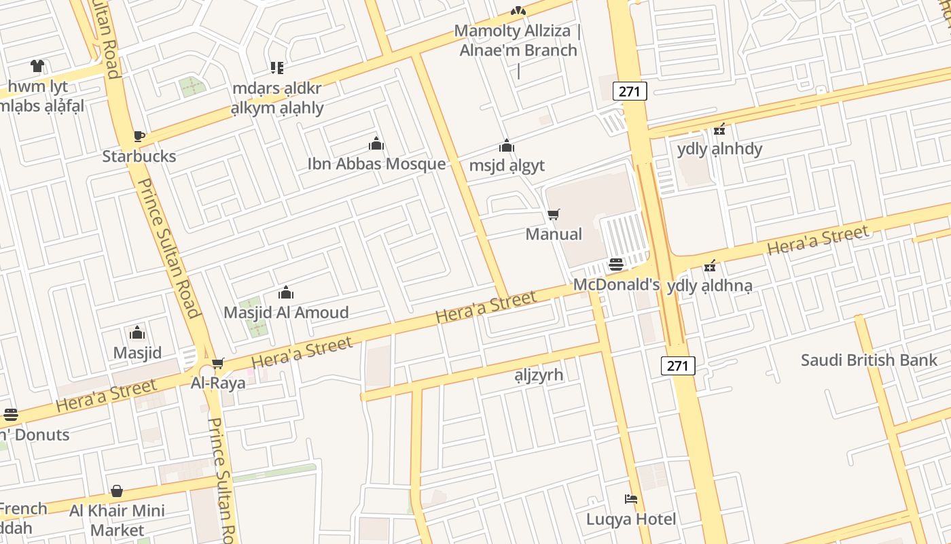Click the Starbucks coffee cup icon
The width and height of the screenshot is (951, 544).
[x=139, y=136]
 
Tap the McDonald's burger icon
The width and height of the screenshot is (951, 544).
[x=616, y=265]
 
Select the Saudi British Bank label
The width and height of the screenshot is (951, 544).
[x=869, y=360]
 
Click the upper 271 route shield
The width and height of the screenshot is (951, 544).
[x=630, y=91]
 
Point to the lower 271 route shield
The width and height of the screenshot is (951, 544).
[x=677, y=366]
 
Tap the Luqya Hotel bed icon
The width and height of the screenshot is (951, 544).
[x=631, y=499]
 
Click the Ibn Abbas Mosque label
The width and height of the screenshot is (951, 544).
[x=376, y=164]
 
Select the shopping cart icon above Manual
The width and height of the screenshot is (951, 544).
[x=554, y=215]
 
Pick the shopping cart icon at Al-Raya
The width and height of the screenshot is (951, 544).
[x=217, y=364]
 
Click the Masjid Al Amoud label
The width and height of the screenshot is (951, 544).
[x=286, y=313]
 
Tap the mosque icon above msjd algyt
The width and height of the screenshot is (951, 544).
[x=507, y=146]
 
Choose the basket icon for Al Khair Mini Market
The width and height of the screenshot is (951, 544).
[x=117, y=491]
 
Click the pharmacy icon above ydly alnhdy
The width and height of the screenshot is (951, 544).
[x=719, y=129]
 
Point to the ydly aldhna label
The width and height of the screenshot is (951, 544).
[x=709, y=286]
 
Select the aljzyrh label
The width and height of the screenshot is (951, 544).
[x=539, y=375]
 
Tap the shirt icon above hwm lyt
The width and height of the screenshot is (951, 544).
[x=37, y=66]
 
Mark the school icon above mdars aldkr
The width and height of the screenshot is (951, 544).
[x=276, y=67]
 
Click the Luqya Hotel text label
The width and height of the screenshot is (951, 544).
[x=631, y=520]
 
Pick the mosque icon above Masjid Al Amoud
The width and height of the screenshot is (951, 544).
[x=286, y=293]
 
